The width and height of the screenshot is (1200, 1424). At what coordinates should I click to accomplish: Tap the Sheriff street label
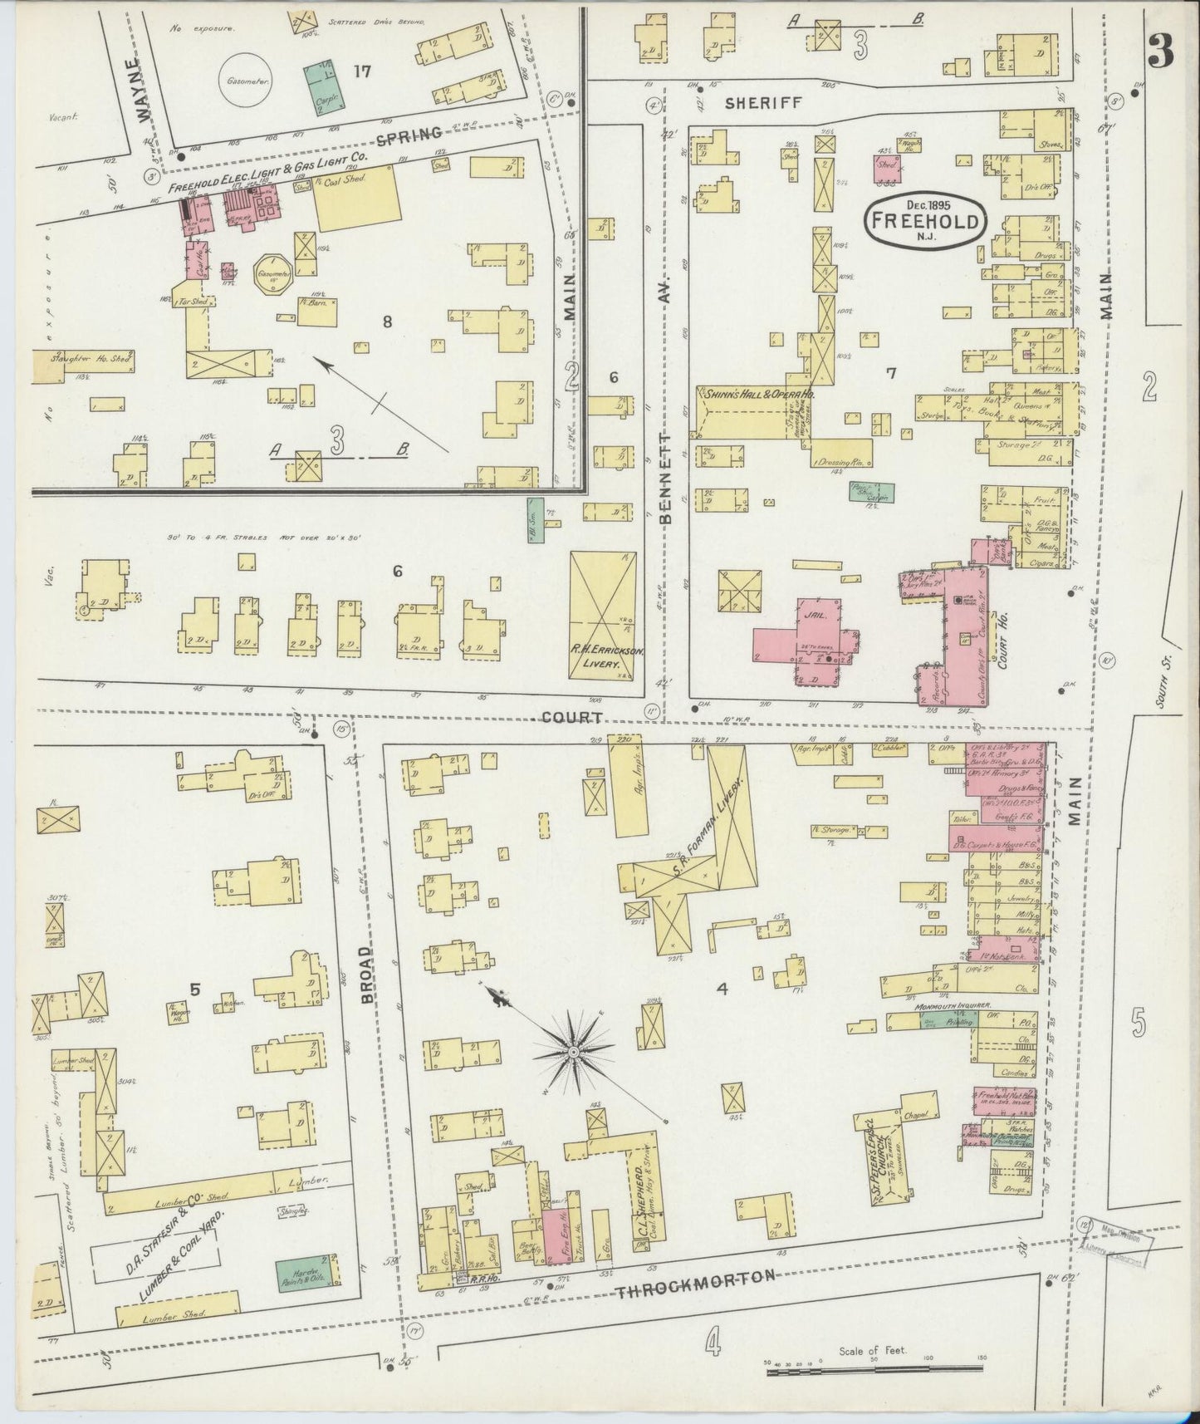[763, 103]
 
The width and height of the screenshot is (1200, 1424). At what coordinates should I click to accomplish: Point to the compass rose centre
[572, 1053]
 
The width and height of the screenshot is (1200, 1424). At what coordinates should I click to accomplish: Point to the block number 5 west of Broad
[194, 989]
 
